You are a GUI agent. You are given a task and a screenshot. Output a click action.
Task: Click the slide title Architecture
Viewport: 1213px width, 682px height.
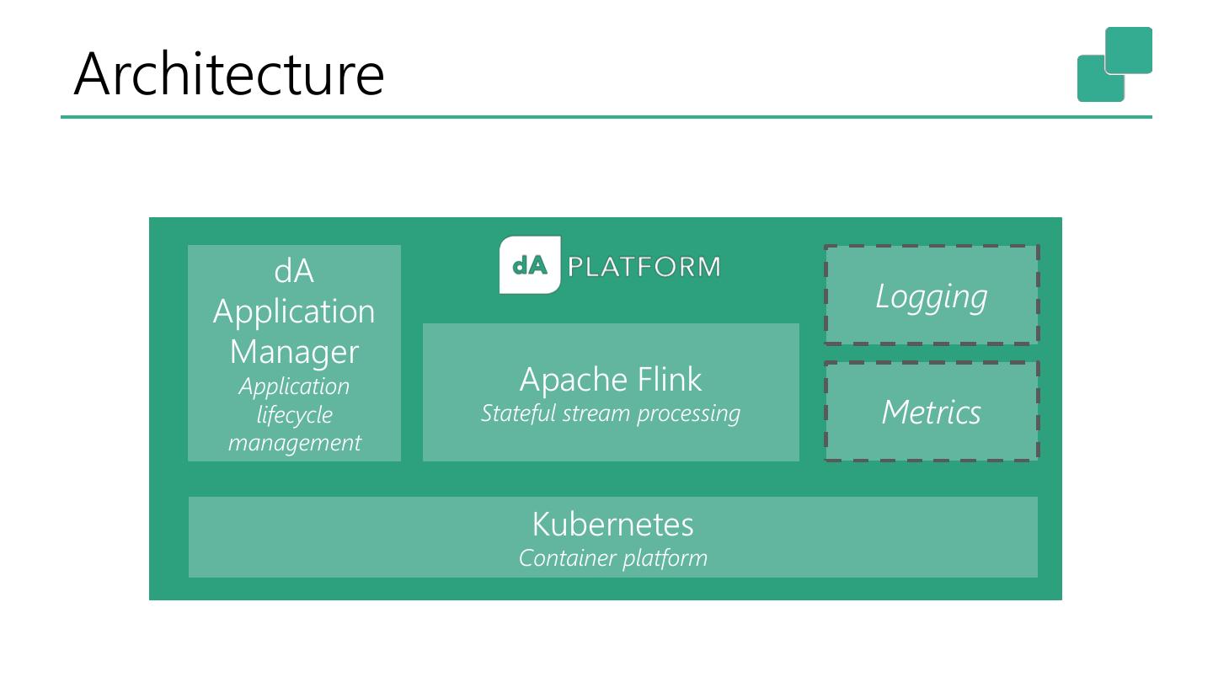(x=229, y=74)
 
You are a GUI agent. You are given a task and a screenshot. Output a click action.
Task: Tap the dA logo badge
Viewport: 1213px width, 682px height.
(x=530, y=265)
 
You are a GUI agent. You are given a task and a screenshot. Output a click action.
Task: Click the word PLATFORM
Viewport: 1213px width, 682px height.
(x=644, y=267)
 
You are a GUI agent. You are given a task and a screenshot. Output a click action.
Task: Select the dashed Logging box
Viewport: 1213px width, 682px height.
(x=931, y=296)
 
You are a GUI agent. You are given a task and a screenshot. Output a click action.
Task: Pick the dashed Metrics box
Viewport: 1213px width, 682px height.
(x=931, y=412)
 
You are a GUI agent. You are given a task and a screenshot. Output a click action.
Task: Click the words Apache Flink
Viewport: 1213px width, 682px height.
(x=610, y=380)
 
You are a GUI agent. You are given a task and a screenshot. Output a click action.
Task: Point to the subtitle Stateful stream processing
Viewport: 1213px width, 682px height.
(x=610, y=413)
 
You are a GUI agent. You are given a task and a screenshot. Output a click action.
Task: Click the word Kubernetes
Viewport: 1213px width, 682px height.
(x=612, y=525)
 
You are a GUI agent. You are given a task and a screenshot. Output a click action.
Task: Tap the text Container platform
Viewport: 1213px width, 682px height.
(x=612, y=557)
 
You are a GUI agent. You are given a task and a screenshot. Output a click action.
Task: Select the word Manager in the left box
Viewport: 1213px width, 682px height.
(x=294, y=352)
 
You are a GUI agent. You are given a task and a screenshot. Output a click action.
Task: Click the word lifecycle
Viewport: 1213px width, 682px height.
(x=294, y=414)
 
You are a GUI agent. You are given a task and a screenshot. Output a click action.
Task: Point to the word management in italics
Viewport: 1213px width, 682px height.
(x=294, y=442)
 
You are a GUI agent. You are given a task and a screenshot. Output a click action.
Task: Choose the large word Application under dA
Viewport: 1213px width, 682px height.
(x=294, y=312)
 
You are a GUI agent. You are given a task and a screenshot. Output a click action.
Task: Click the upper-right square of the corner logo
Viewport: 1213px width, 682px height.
(x=1129, y=50)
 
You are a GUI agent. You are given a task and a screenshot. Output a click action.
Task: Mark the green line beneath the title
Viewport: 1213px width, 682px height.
(x=606, y=117)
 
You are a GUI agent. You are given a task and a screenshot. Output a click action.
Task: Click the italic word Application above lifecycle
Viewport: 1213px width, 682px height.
(x=294, y=386)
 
